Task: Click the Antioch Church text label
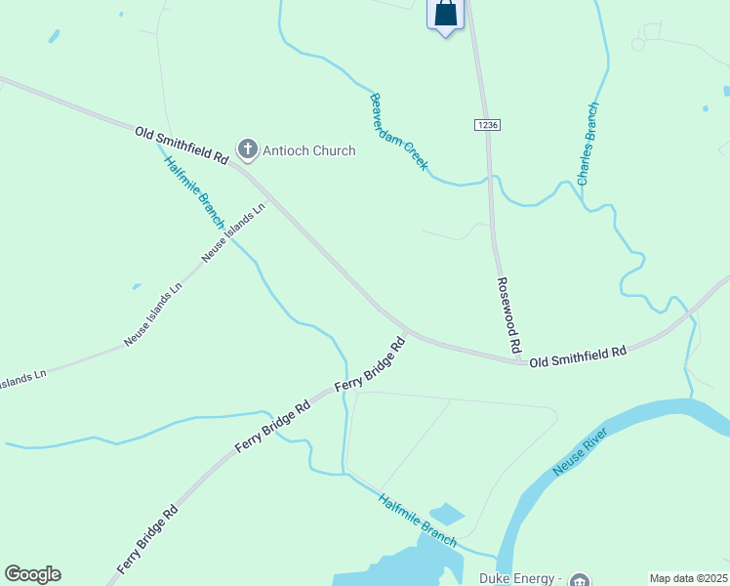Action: coord(309,150)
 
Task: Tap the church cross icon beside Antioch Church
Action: coord(248,149)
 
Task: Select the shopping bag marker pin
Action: coord(445,15)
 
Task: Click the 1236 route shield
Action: coord(488,125)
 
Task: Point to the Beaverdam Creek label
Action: coord(398,132)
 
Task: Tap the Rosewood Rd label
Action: coord(508,314)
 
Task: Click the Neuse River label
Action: coord(583,452)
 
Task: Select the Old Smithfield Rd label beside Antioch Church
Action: coord(182,144)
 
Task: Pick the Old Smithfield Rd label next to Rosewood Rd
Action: coord(578,356)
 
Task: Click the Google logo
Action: coord(32,574)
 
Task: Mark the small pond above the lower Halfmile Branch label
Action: coord(446,513)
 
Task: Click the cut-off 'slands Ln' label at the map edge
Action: coord(22,375)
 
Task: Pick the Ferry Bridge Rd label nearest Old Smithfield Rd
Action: coord(370,365)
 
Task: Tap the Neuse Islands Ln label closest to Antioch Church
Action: coord(233,232)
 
